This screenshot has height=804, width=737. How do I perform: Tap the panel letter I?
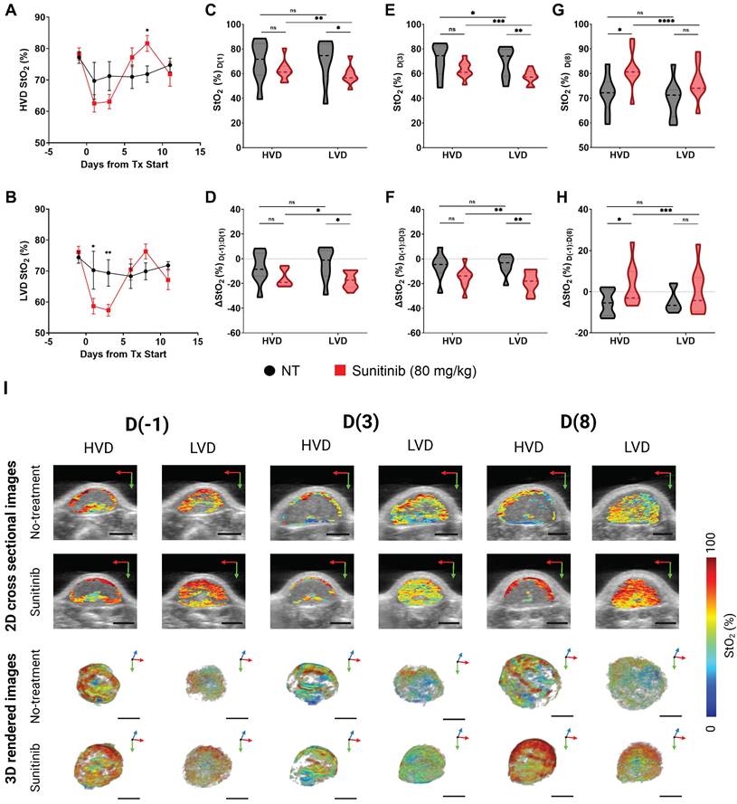[7, 388]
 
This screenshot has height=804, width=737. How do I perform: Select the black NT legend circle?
[269, 369]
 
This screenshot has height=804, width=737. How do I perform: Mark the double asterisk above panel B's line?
[108, 253]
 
